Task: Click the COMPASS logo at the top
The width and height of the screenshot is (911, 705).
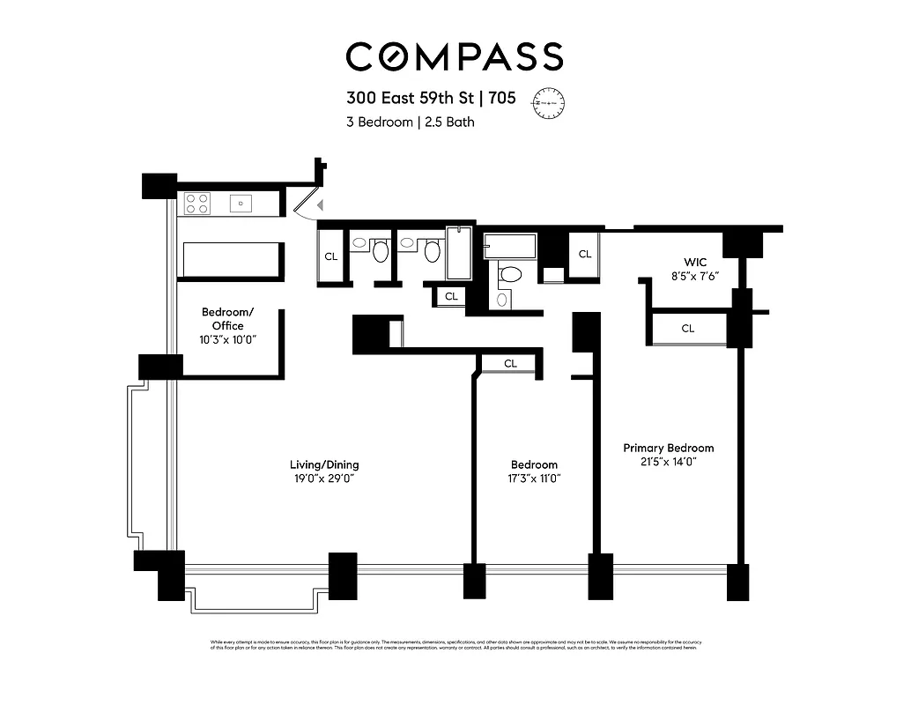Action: point(455,56)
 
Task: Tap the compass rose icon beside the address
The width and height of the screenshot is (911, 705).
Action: point(552,102)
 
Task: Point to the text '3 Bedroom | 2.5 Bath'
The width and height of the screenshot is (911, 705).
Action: point(410,122)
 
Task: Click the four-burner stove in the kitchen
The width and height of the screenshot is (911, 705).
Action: point(197,204)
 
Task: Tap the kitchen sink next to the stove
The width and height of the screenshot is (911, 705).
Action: point(241,204)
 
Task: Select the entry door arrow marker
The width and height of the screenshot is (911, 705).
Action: point(322,205)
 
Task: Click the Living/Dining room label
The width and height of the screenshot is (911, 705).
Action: point(324,464)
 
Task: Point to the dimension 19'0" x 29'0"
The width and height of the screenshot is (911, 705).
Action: point(324,479)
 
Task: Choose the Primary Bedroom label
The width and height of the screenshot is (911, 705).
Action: point(668,448)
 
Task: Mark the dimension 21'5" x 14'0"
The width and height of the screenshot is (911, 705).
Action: point(668,462)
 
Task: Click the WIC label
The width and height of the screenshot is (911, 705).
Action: point(695,263)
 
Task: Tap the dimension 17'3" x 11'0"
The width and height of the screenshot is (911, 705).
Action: point(534,479)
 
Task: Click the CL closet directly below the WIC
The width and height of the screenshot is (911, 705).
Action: point(688,329)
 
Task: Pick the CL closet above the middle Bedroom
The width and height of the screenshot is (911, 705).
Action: point(510,363)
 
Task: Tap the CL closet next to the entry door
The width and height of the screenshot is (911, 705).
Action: point(331,256)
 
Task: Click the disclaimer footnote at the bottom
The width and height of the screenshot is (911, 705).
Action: point(455,645)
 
